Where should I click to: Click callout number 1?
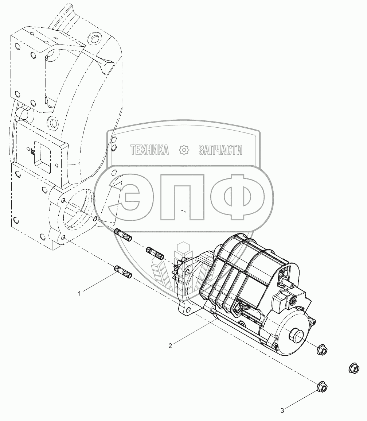click(79, 294)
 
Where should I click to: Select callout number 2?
click(170, 346)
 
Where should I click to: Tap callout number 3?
click(282, 410)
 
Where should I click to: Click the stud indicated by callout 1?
click(123, 272)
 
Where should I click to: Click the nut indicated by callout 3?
click(322, 387)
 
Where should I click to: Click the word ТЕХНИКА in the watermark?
click(149, 150)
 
